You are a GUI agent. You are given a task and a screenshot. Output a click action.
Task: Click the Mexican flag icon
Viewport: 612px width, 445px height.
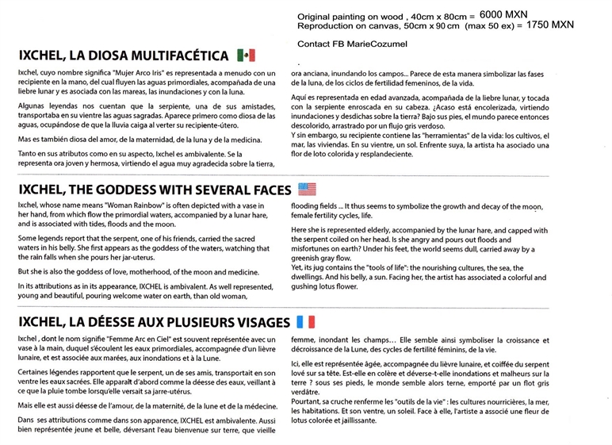[246, 55]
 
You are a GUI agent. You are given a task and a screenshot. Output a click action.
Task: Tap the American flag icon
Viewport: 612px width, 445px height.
[306, 189]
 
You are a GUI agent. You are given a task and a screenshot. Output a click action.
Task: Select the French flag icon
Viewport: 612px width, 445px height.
[305, 322]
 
